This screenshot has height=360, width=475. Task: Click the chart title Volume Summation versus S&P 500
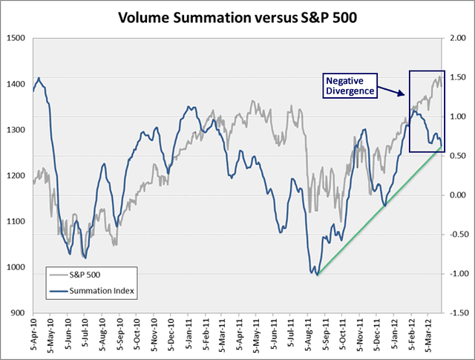pyautogui.click(x=237, y=17)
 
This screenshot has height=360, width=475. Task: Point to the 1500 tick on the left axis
pyautogui.click(x=16, y=39)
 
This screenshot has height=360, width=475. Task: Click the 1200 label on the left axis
pyautogui.click(x=16, y=176)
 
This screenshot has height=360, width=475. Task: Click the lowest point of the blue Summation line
pyautogui.click(x=316, y=275)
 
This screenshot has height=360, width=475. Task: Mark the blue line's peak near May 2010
pyautogui.click(x=38, y=78)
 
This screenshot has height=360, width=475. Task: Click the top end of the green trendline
pyautogui.click(x=444, y=148)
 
